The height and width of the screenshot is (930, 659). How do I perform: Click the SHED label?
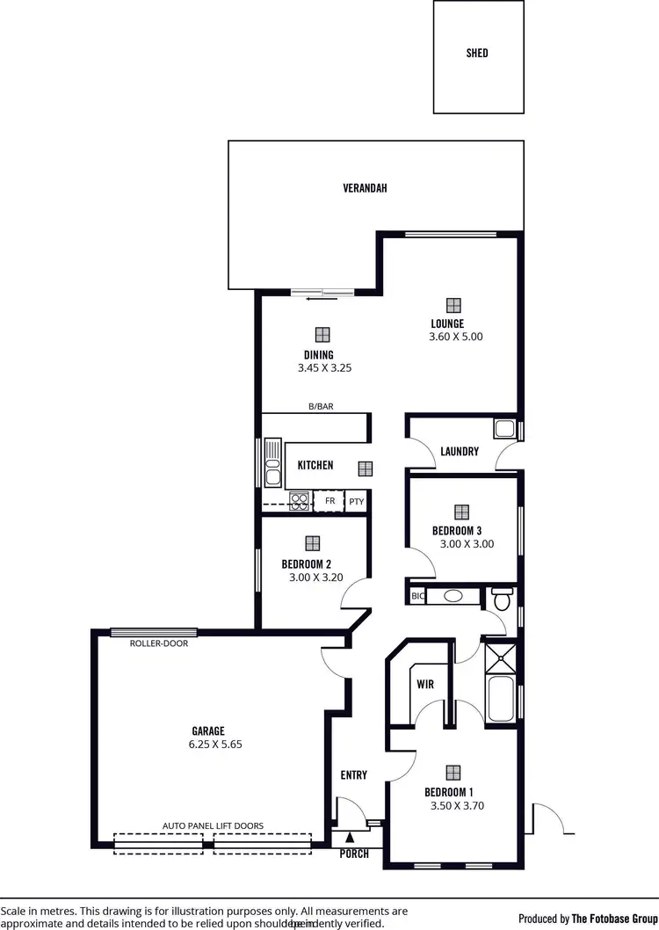coord(477,53)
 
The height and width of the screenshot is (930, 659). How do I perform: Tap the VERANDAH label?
coord(365,188)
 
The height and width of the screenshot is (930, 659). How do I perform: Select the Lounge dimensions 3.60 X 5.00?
coord(455,337)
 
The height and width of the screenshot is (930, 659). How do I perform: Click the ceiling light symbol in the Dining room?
coord(322,334)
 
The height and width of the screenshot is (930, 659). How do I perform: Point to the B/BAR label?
coord(320,406)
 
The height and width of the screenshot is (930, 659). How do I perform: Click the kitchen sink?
coord(272,462)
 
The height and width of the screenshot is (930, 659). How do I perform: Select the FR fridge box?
coord(329,501)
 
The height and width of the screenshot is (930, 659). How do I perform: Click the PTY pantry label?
coord(356,502)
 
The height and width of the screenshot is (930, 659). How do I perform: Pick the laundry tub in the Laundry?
coord(504,429)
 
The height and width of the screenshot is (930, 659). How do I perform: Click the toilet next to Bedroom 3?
coord(503,600)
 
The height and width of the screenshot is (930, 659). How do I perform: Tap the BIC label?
coord(417,596)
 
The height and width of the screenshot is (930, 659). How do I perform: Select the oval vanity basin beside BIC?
coord(453,596)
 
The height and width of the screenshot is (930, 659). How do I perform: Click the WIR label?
coord(425,684)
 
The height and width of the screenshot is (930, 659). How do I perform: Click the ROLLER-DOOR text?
coord(159,643)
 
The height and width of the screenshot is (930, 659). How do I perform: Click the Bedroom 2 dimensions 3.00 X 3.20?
coord(315,578)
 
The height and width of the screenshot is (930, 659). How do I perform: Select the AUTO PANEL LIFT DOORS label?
coord(213,825)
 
